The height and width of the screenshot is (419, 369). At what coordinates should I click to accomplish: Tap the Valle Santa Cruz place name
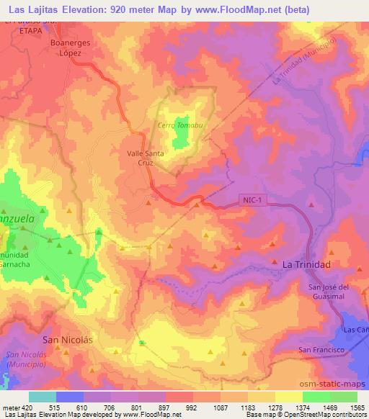tap(145, 158)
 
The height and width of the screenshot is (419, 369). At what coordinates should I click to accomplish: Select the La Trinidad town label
tap(306, 265)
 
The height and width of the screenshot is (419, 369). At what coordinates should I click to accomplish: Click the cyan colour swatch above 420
tap(42, 397)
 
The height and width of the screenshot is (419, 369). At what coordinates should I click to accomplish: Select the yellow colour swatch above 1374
tap(288, 397)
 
